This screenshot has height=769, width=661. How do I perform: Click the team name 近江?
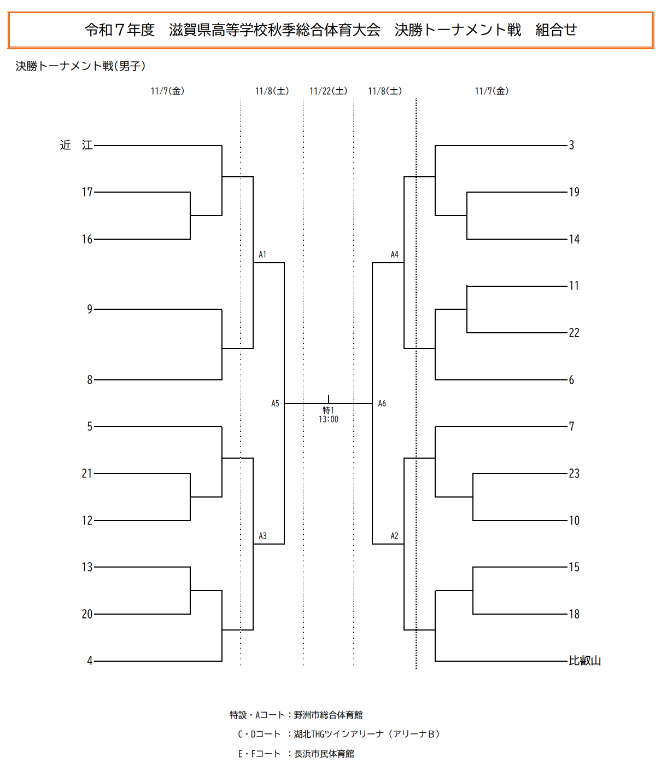pos(76,145)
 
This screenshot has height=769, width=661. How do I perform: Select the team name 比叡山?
pos(584,661)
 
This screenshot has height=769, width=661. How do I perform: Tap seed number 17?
pos(87,192)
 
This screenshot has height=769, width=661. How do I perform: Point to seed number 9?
pos(90,309)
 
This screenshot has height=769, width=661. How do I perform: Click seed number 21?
pos(87,473)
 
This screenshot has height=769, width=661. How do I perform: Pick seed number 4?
pos(90,661)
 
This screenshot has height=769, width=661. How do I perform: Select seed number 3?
pos(571,145)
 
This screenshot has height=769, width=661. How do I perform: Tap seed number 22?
pos(574,333)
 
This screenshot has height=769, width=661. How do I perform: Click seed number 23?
pos(574,473)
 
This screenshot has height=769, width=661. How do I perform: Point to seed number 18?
pos(574,614)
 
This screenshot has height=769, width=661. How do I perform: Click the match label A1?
pos(262,255)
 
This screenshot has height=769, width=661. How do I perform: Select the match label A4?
pos(394,255)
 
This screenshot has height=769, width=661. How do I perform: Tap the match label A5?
pos(275,403)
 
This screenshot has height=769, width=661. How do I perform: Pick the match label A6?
pos(382,403)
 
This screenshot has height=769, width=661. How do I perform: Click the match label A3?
pos(262,536)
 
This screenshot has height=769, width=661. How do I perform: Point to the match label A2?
pos(394,536)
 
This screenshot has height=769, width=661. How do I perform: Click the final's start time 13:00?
pos(329,419)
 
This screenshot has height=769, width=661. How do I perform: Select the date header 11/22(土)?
pos(328,91)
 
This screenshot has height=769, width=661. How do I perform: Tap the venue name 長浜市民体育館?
pos(324,754)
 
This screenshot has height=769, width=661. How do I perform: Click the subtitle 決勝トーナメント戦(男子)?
pos(80,66)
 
